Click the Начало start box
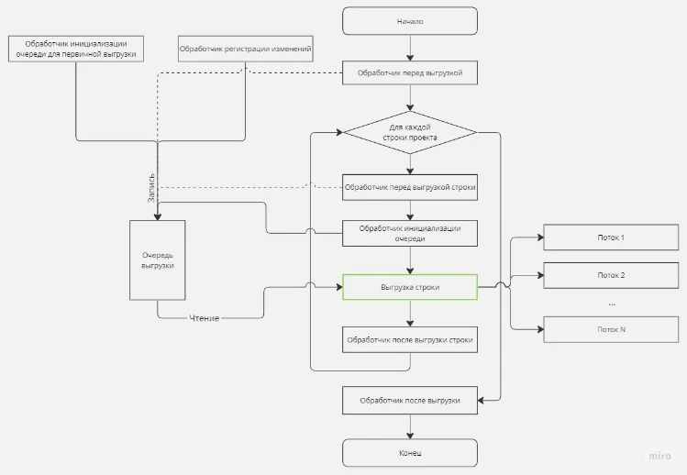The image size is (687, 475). click(410, 21)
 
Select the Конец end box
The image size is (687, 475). click(410, 453)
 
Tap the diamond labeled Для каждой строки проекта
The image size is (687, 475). click(410, 132)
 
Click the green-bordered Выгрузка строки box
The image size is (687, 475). click(410, 287)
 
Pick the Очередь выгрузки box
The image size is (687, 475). click(157, 260)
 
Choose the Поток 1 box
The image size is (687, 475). click(611, 237)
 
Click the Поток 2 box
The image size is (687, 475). click(611, 275)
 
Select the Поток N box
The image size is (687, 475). click(611, 329)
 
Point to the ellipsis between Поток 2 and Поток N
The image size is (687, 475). click(612, 304)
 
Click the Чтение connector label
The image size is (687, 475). click(205, 318)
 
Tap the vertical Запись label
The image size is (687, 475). click(151, 188)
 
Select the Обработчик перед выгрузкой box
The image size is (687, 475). click(410, 72)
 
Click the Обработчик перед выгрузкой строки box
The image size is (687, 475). click(410, 188)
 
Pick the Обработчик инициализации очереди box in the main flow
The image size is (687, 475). click(410, 234)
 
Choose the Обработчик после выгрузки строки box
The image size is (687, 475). click(410, 339)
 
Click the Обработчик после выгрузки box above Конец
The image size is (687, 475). click(410, 401)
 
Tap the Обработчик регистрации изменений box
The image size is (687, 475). click(246, 49)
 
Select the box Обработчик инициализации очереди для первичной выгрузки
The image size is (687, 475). click(76, 49)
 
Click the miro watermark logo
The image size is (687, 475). click(659, 456)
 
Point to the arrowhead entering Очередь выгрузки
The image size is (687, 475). click(157, 217)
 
